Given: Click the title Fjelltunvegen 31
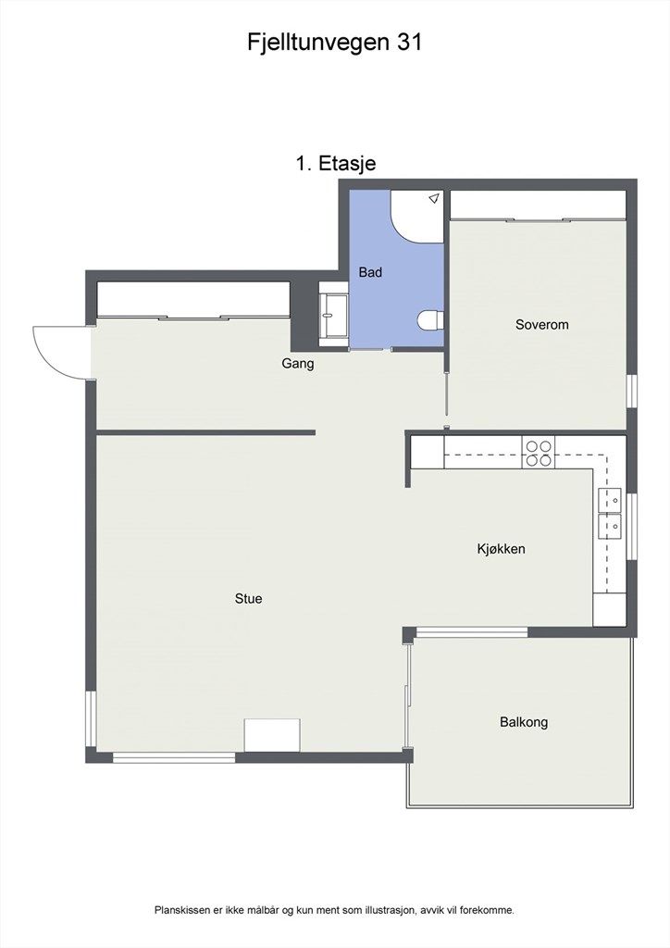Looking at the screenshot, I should (x=335, y=42).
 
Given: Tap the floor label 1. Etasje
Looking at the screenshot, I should (x=335, y=164).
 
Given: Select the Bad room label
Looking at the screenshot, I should (x=370, y=273).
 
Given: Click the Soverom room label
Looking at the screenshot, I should (x=541, y=325).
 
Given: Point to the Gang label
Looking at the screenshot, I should (x=297, y=364).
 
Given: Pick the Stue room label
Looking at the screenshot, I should (x=248, y=599).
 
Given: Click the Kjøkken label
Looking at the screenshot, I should (x=501, y=549).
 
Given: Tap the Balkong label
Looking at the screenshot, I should (x=523, y=722).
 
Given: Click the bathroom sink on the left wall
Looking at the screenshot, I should (x=333, y=314).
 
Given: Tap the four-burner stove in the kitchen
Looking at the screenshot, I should (x=538, y=452).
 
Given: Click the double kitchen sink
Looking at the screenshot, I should (x=610, y=513).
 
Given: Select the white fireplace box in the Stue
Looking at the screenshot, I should (x=272, y=735).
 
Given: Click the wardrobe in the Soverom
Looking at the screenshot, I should (x=537, y=206).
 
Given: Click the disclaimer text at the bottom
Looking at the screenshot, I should (x=334, y=911).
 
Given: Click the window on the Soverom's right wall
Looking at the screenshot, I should (x=632, y=390).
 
